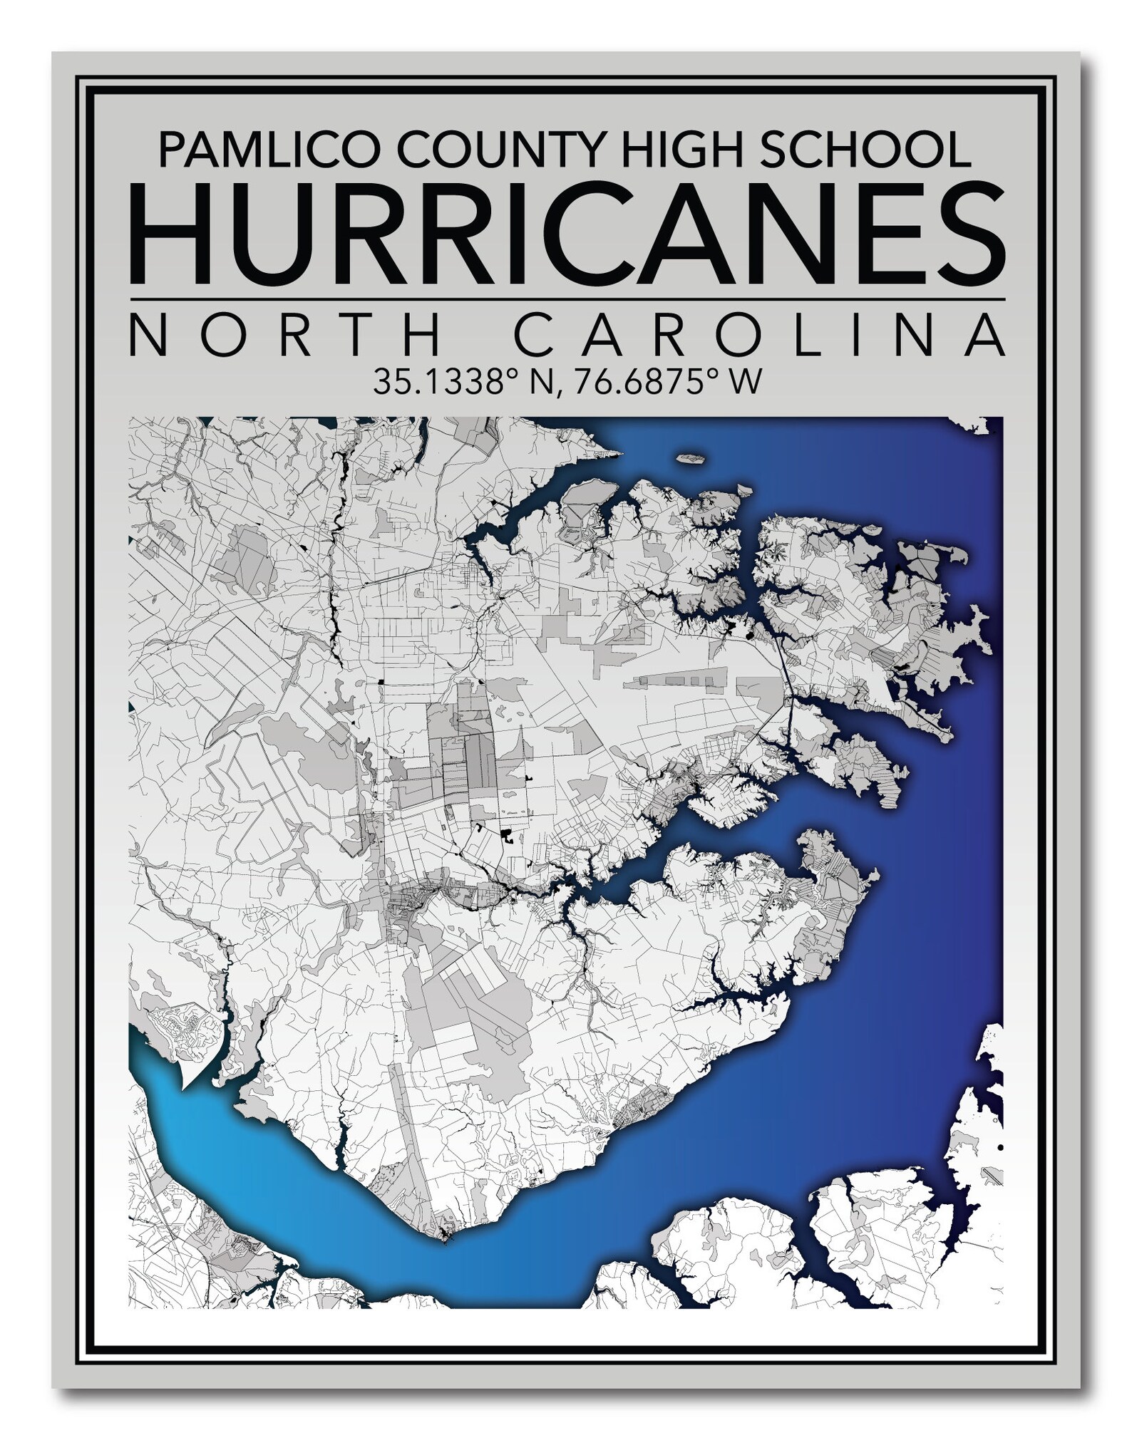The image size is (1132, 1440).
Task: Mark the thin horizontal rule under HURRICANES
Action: pyautogui.click(x=568, y=300)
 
